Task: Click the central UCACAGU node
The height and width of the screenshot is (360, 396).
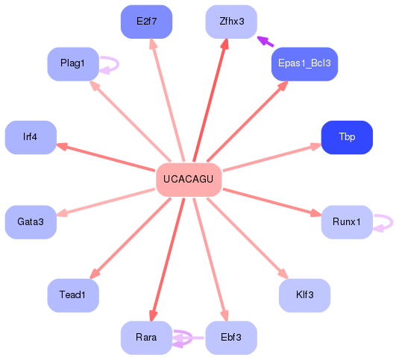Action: (x=189, y=180)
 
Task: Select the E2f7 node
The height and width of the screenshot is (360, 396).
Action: (x=146, y=22)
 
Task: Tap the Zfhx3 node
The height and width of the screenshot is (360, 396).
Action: (x=232, y=22)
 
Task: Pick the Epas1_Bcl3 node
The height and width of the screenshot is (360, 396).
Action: (x=304, y=64)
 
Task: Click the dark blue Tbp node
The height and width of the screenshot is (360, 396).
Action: (x=347, y=137)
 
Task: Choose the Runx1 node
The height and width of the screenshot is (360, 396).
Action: (x=346, y=221)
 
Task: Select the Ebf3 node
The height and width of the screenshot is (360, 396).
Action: (x=231, y=338)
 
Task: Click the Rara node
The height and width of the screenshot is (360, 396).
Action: (x=146, y=338)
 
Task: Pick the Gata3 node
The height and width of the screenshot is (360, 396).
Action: (x=31, y=221)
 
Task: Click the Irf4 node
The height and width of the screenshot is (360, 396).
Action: (x=31, y=137)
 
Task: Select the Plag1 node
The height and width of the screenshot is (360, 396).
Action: (x=73, y=64)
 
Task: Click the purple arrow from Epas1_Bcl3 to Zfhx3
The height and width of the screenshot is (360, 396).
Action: (x=264, y=42)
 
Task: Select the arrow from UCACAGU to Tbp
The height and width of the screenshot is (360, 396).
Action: (x=272, y=157)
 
